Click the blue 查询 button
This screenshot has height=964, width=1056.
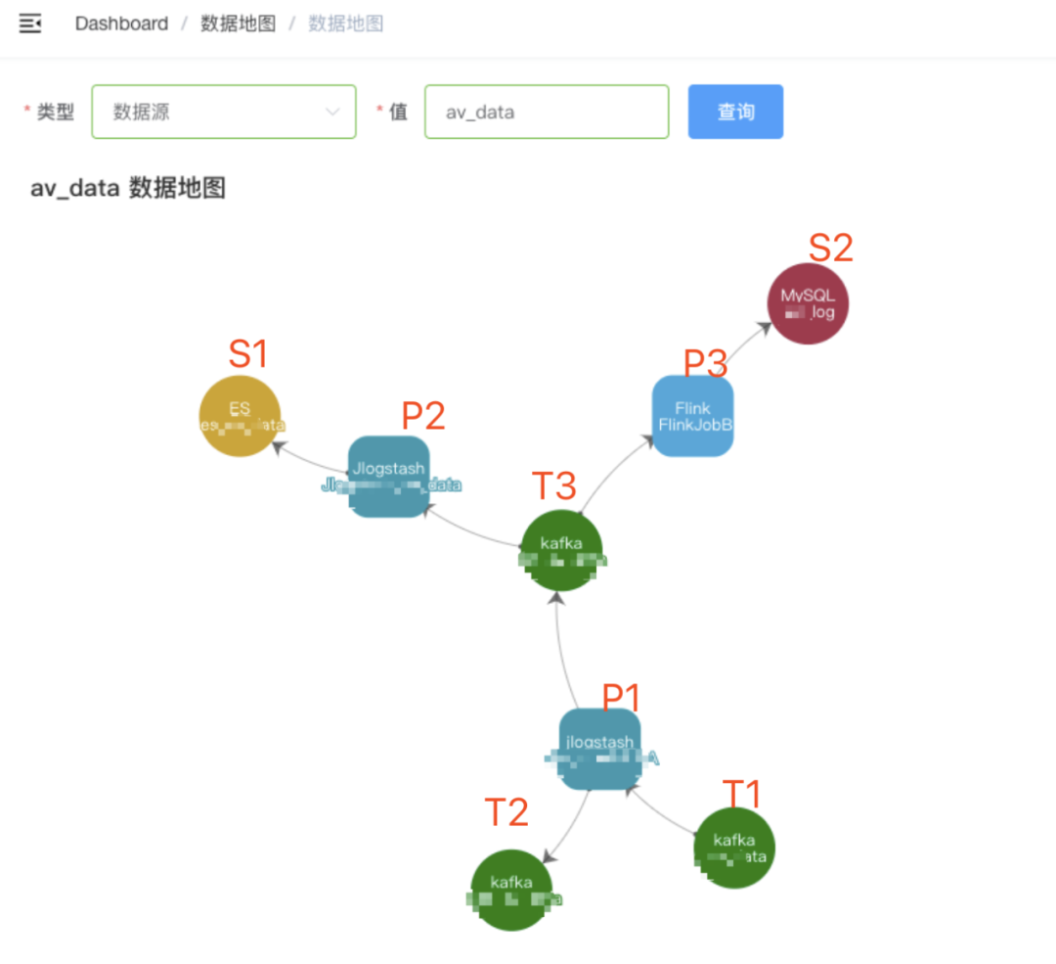coord(735,112)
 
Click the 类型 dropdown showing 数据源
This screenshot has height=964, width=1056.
coord(223,112)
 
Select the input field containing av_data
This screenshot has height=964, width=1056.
coord(546,112)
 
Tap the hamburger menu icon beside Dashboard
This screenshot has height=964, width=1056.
coord(30,23)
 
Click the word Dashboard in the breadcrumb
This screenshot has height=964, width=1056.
coord(121,23)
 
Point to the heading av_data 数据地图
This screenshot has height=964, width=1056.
coord(128,188)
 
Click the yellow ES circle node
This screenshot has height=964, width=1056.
coord(240,416)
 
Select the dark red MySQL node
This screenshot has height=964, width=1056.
coord(808,305)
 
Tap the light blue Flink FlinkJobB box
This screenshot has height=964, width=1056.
coord(692,416)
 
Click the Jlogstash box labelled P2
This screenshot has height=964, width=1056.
coord(389,476)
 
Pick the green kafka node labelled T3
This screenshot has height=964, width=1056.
coord(561,550)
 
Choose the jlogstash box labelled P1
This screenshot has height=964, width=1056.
coord(599,749)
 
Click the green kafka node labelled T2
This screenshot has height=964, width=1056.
coord(511,890)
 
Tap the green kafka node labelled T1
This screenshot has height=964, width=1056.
coord(734,848)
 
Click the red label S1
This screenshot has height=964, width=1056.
coord(247,354)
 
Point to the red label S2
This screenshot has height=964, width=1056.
coord(830,249)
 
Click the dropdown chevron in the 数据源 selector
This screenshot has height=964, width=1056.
coord(332,112)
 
